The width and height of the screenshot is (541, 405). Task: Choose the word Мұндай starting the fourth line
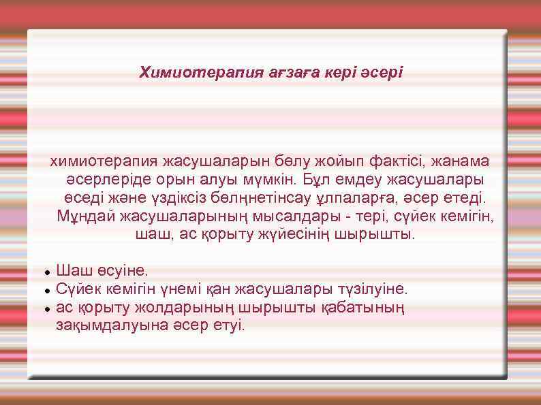[x=86, y=217]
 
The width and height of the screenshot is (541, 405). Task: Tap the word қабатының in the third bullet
[x=371, y=308]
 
